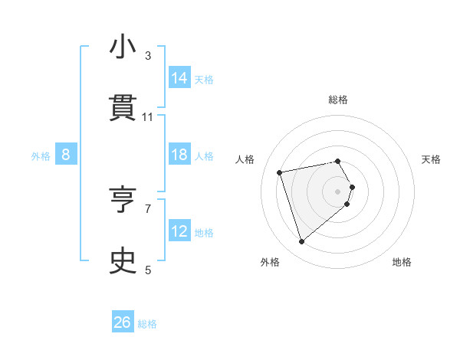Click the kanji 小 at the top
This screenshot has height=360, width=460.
123,47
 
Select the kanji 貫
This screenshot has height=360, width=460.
123,108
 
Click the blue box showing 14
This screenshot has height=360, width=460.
179,77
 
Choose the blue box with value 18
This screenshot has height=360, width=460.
179,155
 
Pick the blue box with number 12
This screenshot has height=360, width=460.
179,231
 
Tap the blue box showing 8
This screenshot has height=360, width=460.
66,155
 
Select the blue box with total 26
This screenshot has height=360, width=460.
123,322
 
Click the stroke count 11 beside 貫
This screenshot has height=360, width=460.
148,117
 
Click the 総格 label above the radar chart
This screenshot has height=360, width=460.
338,100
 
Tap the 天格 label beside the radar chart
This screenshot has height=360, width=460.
432,159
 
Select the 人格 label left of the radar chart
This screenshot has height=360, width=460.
245,159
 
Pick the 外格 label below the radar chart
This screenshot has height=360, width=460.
270,263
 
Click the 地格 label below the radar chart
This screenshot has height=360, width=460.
402,263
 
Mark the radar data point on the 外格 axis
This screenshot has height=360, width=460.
301,242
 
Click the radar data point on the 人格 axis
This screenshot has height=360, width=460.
280,172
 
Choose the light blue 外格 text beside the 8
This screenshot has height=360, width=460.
41,155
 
